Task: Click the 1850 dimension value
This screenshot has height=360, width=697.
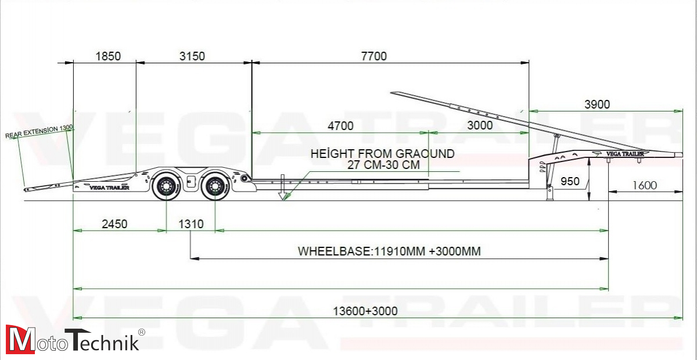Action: [108, 56]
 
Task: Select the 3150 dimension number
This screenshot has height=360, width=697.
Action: [192, 56]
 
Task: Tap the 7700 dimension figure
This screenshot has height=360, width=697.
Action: [373, 56]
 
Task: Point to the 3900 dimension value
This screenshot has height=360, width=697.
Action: [597, 105]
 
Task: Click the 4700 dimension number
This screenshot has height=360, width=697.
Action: [340, 126]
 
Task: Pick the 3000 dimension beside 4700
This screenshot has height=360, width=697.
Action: [480, 125]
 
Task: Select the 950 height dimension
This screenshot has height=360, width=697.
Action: [570, 181]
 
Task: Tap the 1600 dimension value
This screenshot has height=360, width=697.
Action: [644, 185]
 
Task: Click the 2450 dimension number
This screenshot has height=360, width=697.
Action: [114, 224]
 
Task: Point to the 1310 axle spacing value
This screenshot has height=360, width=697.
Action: [191, 224]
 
